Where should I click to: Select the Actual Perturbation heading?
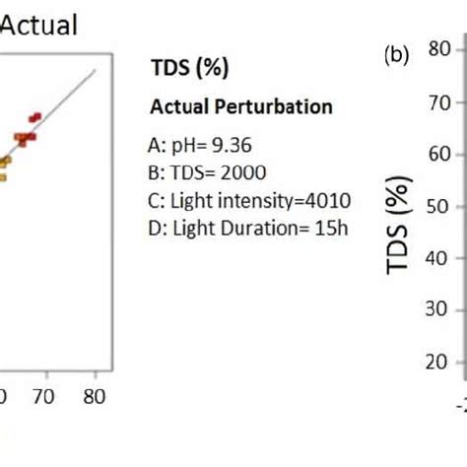click(240, 106)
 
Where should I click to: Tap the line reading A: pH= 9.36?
click(199, 146)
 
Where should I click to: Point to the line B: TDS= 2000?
click(206, 173)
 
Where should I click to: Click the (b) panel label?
click(397, 56)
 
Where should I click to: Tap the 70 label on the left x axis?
click(41, 396)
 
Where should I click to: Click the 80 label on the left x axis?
click(95, 396)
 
